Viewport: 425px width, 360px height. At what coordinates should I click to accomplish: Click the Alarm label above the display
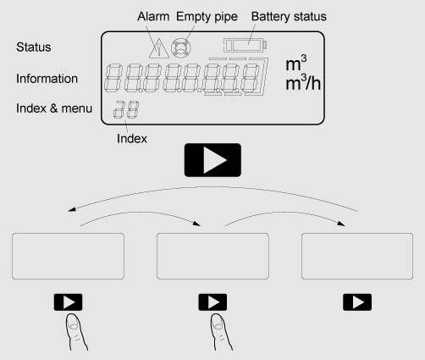153,16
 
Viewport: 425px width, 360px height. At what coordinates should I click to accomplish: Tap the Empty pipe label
207,17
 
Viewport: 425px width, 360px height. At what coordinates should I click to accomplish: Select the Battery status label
289,16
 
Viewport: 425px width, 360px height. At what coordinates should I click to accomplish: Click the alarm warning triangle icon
159,48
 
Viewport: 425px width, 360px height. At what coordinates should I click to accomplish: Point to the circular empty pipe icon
180,47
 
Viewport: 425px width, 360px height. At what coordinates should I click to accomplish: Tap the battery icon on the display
245,45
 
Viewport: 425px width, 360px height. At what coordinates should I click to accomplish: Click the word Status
34,47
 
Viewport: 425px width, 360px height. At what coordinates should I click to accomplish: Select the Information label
47,79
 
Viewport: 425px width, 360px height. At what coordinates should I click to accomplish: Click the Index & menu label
54,108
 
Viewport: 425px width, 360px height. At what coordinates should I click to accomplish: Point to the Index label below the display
132,139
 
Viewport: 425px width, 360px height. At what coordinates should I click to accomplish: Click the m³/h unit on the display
303,83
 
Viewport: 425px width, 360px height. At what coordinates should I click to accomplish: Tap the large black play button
212,160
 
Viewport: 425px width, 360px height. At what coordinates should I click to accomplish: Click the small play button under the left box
68,302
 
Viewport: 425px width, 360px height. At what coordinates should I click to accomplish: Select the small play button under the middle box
212,302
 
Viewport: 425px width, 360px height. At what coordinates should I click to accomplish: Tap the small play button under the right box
357,302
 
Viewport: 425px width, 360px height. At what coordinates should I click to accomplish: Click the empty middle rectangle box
212,257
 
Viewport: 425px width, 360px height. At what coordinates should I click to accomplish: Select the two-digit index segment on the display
126,109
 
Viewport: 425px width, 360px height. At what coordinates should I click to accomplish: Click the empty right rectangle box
357,257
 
